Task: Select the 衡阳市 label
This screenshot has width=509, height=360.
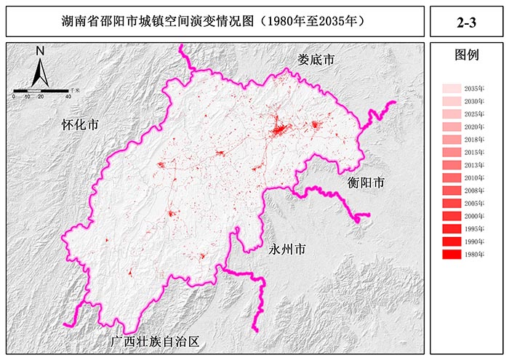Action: (x=365, y=183)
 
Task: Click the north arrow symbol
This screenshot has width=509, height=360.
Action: (x=41, y=71)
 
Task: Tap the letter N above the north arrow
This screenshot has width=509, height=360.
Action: (x=41, y=51)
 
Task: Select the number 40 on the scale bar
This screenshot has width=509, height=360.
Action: (x=68, y=97)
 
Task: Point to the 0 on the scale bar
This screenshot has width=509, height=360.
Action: (x=14, y=97)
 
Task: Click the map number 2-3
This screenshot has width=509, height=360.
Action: (x=465, y=23)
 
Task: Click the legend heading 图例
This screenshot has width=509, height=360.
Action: (x=465, y=55)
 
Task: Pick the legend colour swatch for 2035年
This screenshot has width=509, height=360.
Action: (x=452, y=89)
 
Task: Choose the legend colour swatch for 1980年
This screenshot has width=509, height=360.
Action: (x=452, y=255)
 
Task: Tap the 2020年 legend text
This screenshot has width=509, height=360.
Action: (x=474, y=127)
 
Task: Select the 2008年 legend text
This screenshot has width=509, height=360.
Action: (x=474, y=191)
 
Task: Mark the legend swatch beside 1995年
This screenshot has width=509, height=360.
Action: (x=452, y=229)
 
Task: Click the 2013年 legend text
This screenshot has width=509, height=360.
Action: (x=474, y=165)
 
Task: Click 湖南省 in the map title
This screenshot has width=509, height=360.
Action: (x=79, y=23)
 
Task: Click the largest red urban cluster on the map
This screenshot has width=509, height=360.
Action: (x=278, y=131)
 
